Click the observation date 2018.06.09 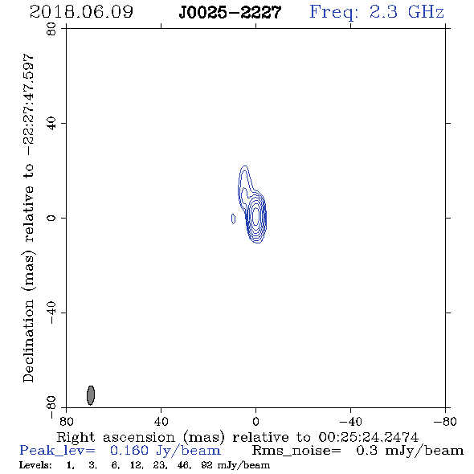click(x=81, y=12)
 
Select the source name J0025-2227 click(x=230, y=13)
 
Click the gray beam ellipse click(x=91, y=395)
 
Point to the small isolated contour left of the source click(x=233, y=219)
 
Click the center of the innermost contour click(x=256, y=215)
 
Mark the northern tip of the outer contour click(x=245, y=166)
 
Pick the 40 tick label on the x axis click(x=161, y=421)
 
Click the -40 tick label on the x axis click(x=350, y=421)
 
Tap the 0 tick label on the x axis click(x=255, y=421)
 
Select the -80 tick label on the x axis click(x=446, y=421)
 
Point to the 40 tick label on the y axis click(x=51, y=124)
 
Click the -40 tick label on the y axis click(x=51, y=313)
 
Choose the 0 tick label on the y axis click(x=51, y=218)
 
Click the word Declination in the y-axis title click(x=28, y=341)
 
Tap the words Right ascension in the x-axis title click(x=116, y=437)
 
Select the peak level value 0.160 click(x=129, y=451)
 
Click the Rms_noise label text click(x=296, y=451)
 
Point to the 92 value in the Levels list click(x=206, y=465)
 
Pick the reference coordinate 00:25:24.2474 click(x=368, y=437)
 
